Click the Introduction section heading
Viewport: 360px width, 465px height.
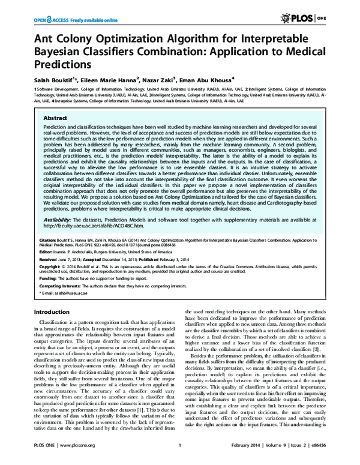52,329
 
